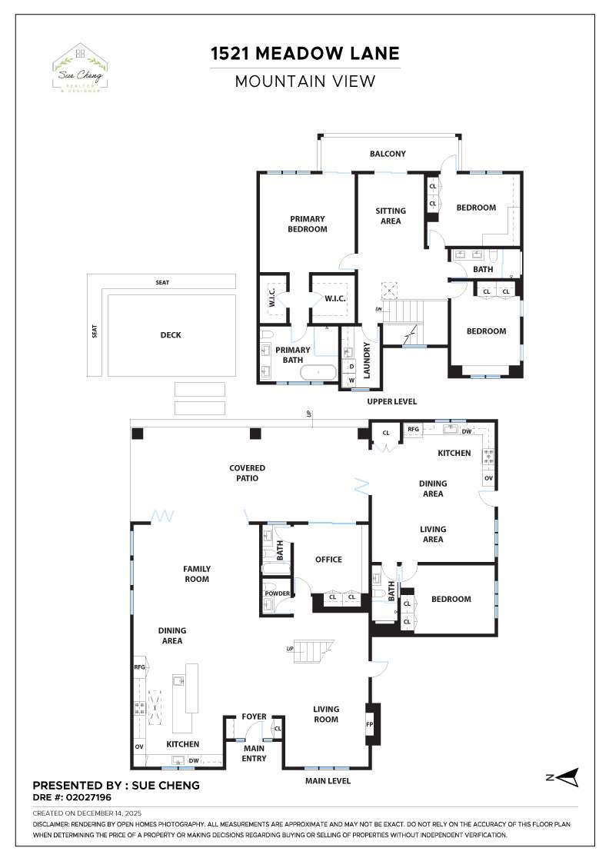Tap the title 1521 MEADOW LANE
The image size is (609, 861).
(305, 53)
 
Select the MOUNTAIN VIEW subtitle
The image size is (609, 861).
(305, 81)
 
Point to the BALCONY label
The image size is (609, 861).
(388, 154)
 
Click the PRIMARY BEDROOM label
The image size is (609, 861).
(308, 224)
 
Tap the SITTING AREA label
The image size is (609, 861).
(391, 216)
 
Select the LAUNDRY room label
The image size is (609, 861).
(368, 360)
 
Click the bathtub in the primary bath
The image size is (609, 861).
(318, 373)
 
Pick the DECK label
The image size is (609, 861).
(171, 335)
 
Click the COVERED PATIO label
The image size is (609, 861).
(247, 473)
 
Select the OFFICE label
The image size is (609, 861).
(328, 560)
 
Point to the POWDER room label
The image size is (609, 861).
(277, 593)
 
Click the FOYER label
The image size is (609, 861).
(254, 716)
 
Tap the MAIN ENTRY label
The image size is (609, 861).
(254, 753)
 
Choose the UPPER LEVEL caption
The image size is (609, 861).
(391, 401)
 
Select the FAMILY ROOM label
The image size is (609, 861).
(197, 574)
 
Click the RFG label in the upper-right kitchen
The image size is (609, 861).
(413, 429)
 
